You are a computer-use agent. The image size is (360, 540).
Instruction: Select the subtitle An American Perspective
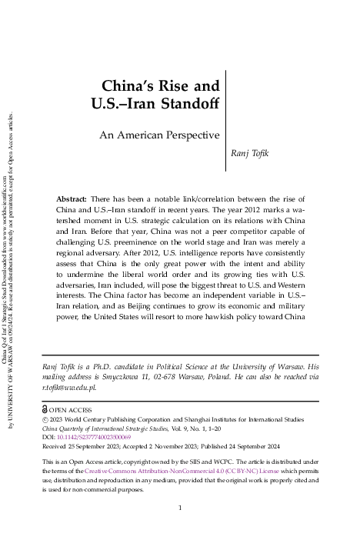(170, 135)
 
